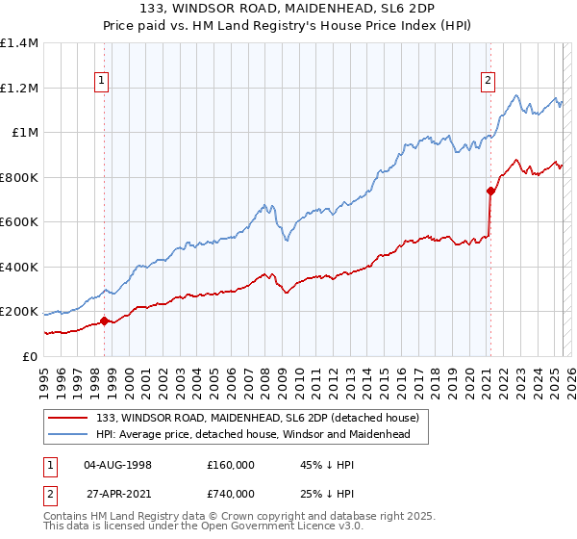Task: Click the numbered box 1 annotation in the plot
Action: [x=103, y=81]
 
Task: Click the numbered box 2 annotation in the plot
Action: [x=489, y=81]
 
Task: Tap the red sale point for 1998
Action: [x=104, y=321]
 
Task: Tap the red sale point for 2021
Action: [x=489, y=191]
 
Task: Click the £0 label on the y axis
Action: [x=29, y=356]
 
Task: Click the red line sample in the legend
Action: [x=68, y=419]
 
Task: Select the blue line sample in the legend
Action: [x=68, y=435]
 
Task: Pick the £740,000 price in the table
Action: [x=231, y=494]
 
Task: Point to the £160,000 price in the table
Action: [x=231, y=465]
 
